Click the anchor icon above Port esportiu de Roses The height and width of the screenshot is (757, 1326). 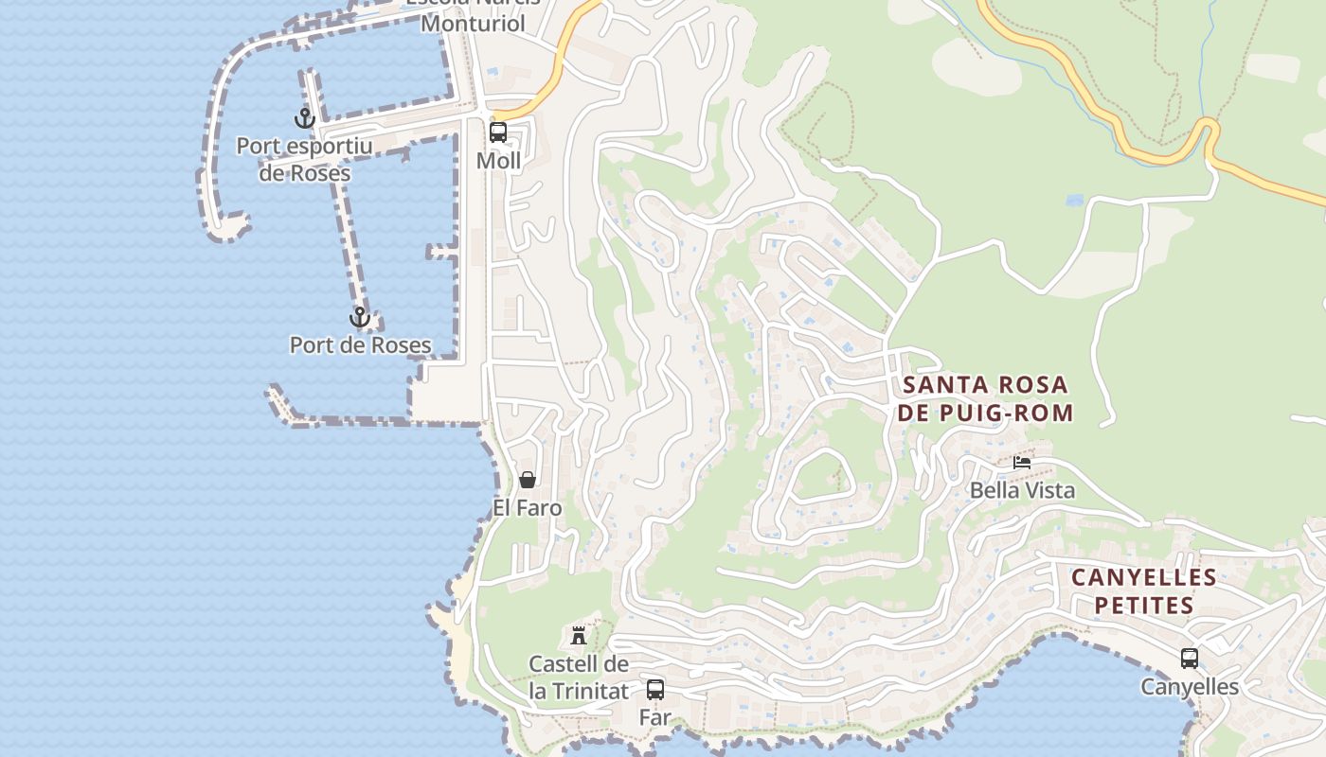[x=304, y=119]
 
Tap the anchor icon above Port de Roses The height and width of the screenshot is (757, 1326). [x=359, y=317]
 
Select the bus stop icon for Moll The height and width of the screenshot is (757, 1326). [x=498, y=132]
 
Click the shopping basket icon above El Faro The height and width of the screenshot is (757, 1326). [x=528, y=480]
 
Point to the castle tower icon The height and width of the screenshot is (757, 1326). [x=579, y=635]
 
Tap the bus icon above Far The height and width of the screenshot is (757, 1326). [x=654, y=689]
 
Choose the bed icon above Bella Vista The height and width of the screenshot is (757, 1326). [x=1022, y=463]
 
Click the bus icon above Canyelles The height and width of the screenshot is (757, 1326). [x=1190, y=659]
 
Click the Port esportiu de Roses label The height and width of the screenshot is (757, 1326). [x=304, y=160]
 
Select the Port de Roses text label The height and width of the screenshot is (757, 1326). [x=360, y=344]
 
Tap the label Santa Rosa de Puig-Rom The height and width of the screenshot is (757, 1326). [x=986, y=398]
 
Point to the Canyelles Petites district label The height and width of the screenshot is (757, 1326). [x=1143, y=590]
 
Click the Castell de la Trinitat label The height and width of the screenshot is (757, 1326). [x=579, y=678]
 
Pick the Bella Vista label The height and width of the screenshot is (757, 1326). [x=1022, y=490]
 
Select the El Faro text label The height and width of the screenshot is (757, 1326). [x=528, y=508]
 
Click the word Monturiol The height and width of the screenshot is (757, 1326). [x=473, y=24]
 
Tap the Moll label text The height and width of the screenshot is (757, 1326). [x=498, y=161]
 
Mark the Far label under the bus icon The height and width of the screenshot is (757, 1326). [x=654, y=717]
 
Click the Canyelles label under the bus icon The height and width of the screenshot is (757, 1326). [x=1190, y=687]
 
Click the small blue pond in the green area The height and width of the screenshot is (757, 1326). [x=1074, y=201]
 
